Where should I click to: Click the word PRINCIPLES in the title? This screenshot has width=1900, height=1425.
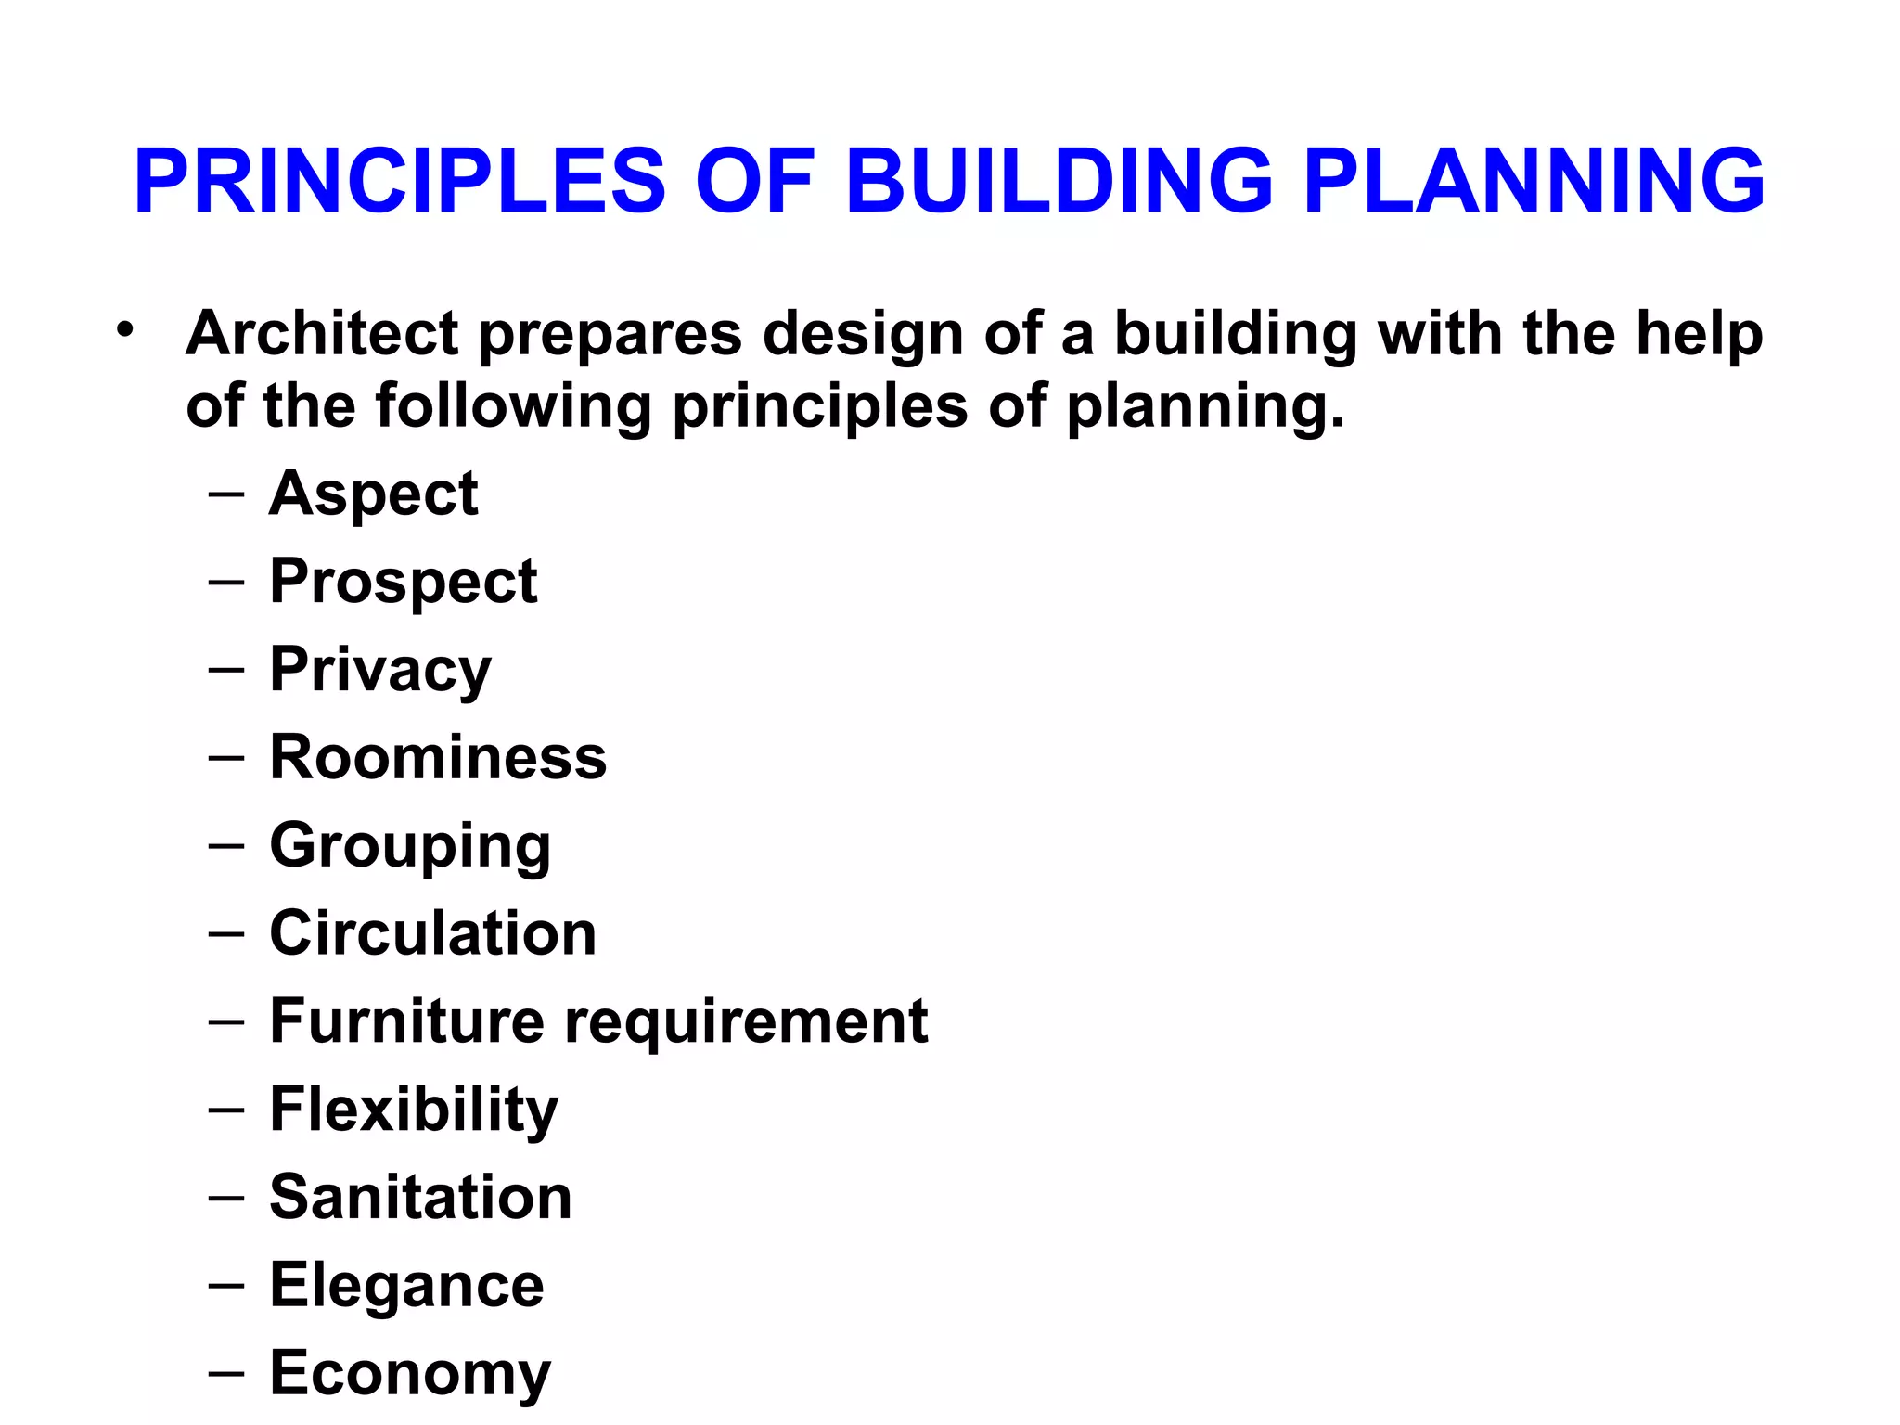(400, 181)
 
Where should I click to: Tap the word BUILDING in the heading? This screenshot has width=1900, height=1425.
(1059, 181)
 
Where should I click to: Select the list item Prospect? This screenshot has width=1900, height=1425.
(404, 582)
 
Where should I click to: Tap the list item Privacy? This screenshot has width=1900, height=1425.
(380, 670)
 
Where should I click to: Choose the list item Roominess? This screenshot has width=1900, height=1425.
(438, 757)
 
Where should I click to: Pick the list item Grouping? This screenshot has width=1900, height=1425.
(410, 846)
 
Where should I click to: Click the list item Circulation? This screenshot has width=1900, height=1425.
(433, 932)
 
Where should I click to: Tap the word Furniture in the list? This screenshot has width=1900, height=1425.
(406, 1021)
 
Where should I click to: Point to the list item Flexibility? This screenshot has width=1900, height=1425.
(414, 1110)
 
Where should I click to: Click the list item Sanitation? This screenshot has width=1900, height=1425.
(420, 1197)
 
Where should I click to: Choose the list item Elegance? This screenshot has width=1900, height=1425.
(406, 1286)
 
